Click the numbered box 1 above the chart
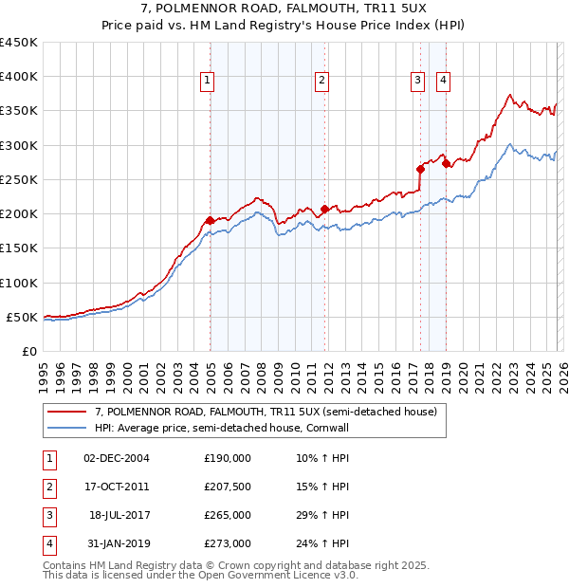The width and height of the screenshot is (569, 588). coord(207,82)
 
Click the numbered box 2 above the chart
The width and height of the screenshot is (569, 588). coord(322,82)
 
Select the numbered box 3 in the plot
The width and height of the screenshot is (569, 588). coord(418,82)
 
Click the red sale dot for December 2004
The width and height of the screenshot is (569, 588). coord(210,220)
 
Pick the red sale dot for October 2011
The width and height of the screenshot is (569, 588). coord(324,209)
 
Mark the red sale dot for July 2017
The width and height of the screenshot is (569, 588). coord(420,169)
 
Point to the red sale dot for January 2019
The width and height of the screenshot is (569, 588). coord(446,164)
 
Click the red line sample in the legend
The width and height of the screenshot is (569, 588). coord(67,412)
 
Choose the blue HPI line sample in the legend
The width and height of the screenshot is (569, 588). coord(67,428)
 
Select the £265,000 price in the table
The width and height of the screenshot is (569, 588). coord(228,515)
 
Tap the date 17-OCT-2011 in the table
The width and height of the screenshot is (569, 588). coord(116,487)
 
